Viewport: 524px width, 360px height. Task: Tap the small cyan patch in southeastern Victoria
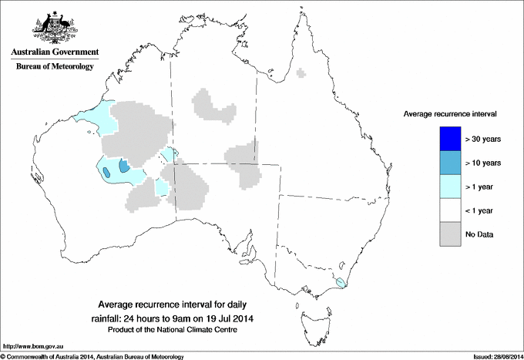340,283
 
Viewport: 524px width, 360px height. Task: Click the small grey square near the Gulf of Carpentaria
301,74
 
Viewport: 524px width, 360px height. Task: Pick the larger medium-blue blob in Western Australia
123,165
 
